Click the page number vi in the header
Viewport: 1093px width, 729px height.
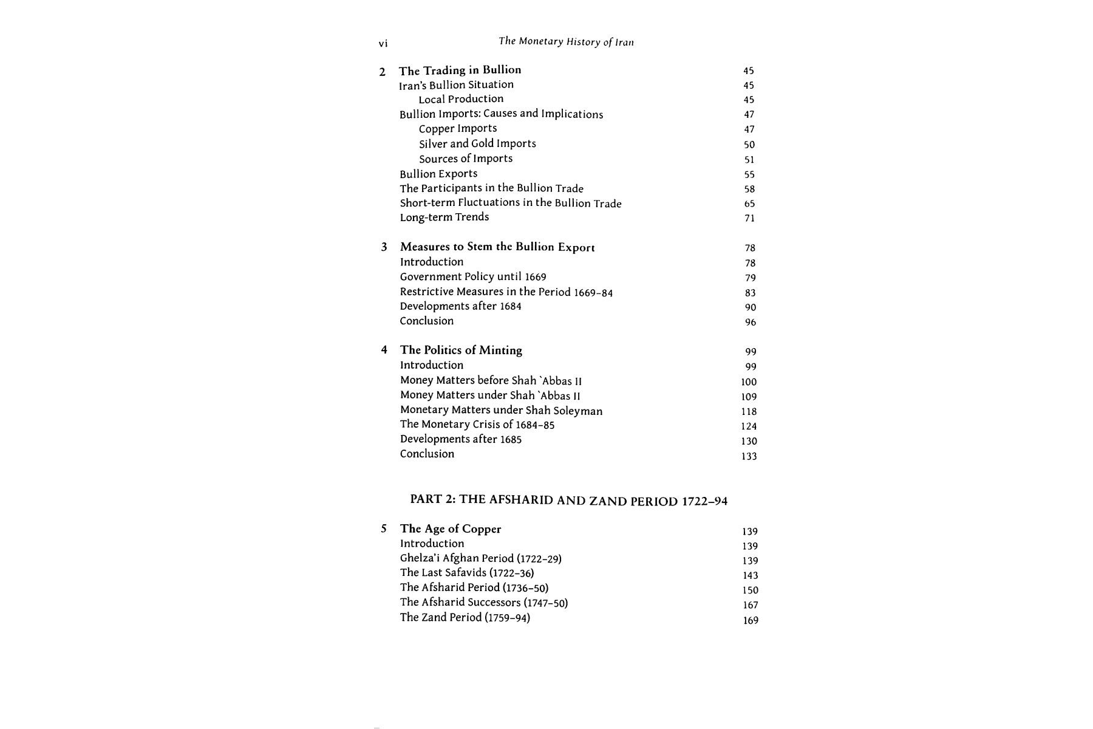tap(383, 44)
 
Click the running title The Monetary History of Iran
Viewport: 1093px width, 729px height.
tap(566, 42)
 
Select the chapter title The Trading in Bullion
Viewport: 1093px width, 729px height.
tap(460, 70)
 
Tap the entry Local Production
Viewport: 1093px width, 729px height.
tap(461, 99)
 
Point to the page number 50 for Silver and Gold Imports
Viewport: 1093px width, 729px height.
tap(749, 145)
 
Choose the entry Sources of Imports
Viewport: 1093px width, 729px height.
tap(466, 159)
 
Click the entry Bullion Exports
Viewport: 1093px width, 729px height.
tap(438, 174)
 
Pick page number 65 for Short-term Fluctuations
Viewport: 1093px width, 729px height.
tap(749, 204)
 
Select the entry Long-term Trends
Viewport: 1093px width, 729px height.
tap(444, 217)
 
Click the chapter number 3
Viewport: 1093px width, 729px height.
tap(384, 247)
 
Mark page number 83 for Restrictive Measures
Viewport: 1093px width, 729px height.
tap(750, 293)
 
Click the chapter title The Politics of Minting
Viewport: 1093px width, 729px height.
tap(461, 351)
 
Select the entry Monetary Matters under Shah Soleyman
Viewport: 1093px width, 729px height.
tap(501, 411)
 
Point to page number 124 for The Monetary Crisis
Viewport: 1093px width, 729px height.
tap(749, 426)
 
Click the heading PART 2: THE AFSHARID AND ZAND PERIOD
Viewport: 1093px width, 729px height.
tap(568, 501)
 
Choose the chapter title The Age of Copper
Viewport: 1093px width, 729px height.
tap(451, 529)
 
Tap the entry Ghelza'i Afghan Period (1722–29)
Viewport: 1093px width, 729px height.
tap(480, 558)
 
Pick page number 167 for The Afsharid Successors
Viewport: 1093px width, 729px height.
tap(751, 605)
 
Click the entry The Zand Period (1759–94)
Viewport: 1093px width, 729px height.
tap(465, 618)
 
